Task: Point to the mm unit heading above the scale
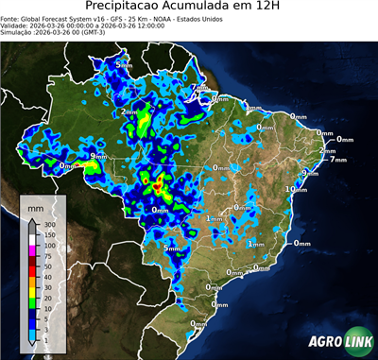click(x=35, y=205)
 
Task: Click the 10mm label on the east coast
click(x=296, y=189)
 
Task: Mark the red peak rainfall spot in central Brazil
click(x=160, y=180)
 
